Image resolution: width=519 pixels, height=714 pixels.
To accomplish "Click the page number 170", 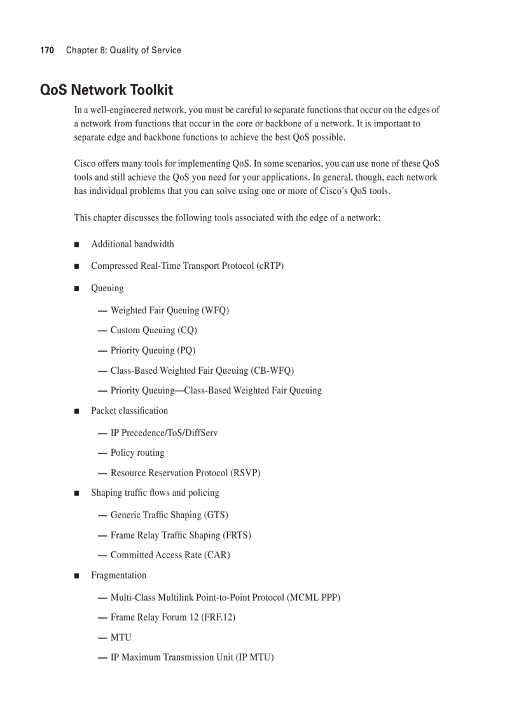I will (46, 50).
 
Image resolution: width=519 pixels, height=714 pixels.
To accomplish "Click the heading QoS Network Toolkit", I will (106, 90).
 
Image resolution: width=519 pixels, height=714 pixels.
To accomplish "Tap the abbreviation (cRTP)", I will (270, 266).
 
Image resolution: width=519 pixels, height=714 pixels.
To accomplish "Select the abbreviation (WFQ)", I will (215, 310).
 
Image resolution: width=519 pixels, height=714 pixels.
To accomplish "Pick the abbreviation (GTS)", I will (216, 515).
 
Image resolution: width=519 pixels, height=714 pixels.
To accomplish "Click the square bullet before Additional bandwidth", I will (76, 245).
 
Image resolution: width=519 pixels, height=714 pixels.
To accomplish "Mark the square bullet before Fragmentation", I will (76, 576).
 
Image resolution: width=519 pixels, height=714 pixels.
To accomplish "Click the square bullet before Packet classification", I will (76, 411).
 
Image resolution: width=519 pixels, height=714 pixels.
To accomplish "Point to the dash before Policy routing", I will (102, 453).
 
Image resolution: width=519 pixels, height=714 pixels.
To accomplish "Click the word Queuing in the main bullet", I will (107, 288).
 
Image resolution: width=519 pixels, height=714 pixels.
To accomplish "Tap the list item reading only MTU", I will (121, 638).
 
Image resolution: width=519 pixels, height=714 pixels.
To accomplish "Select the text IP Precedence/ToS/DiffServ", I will (164, 433).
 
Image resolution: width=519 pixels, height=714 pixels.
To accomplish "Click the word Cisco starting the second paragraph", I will (86, 164).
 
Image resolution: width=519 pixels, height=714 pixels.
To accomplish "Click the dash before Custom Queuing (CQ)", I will (102, 331).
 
